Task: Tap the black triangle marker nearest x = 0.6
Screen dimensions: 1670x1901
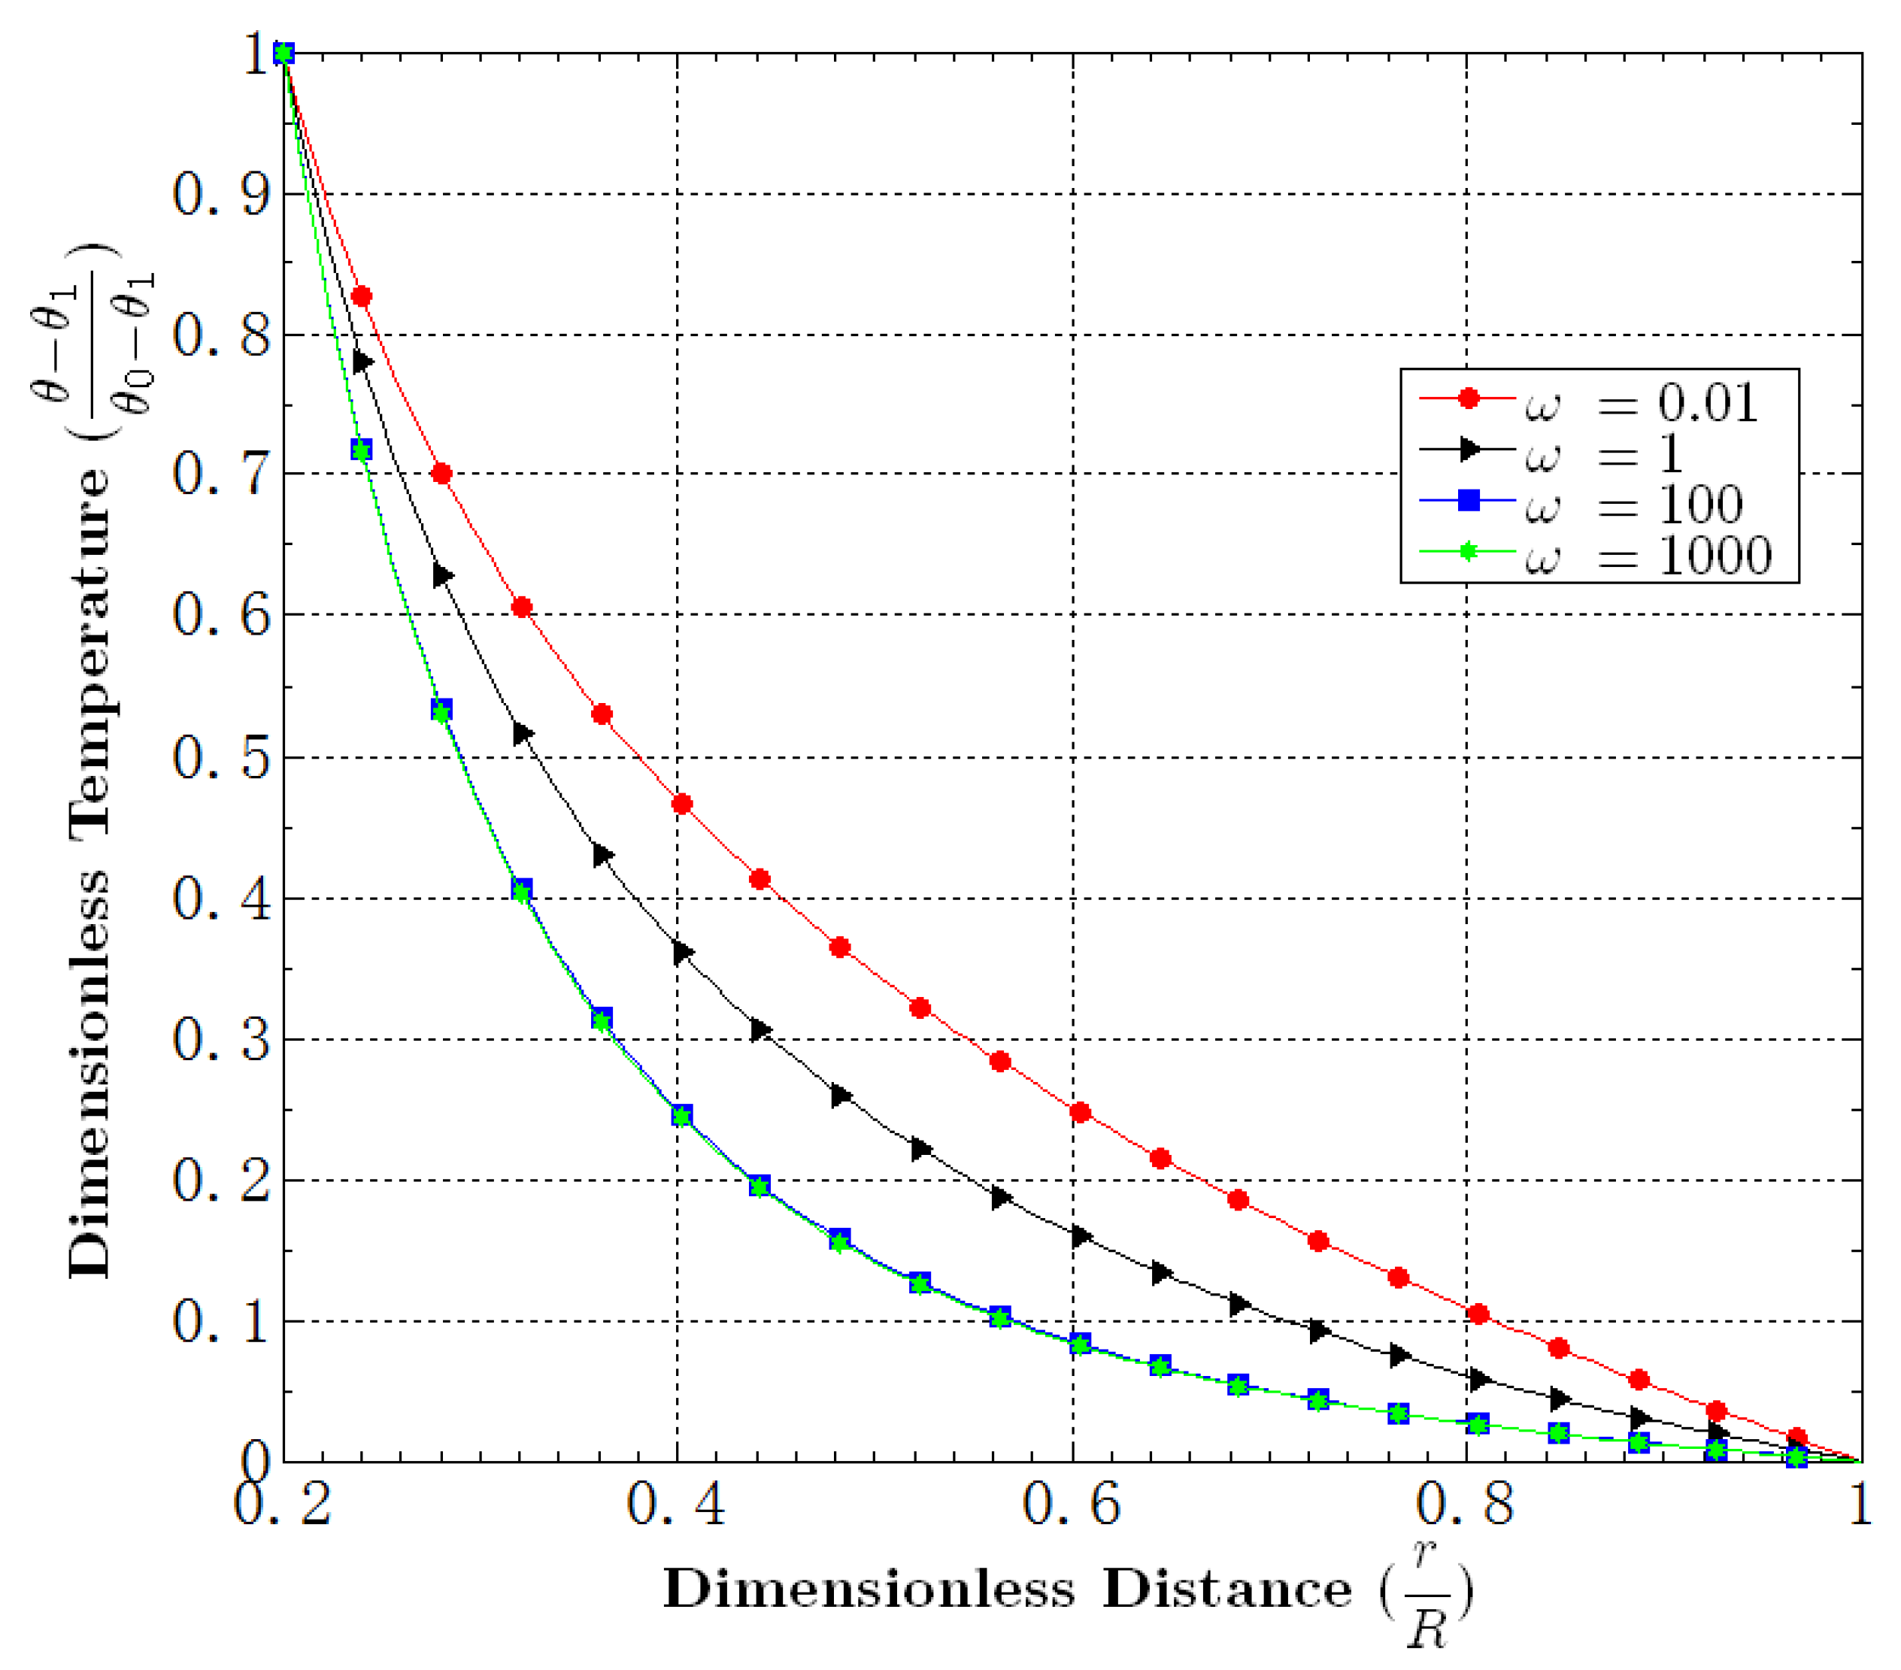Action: (1081, 1237)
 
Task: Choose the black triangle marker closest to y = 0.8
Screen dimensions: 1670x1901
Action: (362, 362)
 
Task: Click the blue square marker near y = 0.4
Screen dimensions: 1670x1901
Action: (523, 888)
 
